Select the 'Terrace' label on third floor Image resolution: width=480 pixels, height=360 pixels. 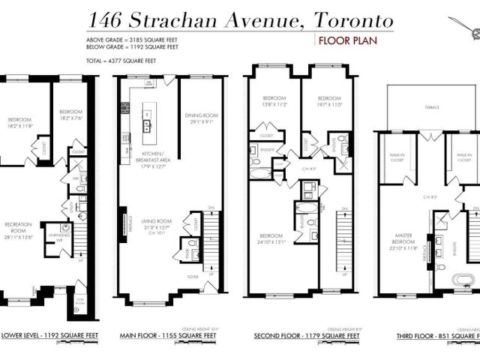pos(431,108)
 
